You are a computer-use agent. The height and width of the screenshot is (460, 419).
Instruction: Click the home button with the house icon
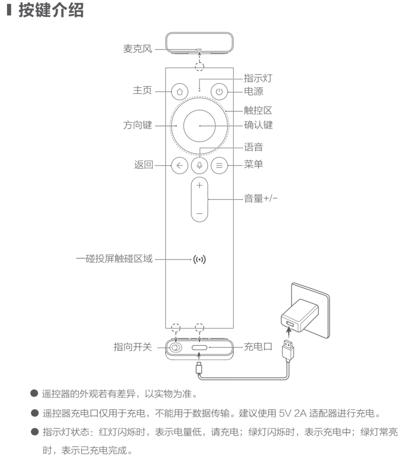(180, 92)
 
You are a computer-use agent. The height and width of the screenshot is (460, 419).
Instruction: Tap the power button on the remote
(219, 92)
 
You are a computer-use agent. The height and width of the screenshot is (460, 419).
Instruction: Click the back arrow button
(180, 165)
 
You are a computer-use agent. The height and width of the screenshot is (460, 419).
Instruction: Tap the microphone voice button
(199, 165)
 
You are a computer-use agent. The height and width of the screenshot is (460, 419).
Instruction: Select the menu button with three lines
(219, 165)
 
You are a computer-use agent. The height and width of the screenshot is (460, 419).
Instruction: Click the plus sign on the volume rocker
(199, 185)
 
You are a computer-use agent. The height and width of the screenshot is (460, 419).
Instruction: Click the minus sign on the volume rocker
(199, 213)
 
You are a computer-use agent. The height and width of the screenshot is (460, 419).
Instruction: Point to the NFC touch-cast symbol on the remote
(199, 260)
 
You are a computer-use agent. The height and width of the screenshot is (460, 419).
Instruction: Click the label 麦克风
(138, 49)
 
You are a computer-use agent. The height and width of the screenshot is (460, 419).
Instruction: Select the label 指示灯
(258, 78)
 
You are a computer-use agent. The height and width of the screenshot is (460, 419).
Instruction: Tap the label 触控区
(258, 110)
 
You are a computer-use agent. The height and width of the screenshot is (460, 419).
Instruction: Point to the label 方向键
(138, 125)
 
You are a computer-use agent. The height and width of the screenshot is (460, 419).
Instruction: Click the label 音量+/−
(261, 198)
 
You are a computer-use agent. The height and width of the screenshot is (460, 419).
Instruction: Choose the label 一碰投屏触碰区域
(114, 259)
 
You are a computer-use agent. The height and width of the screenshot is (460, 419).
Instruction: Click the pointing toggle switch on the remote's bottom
(176, 348)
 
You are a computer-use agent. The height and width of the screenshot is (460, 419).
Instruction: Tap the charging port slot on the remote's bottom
(199, 348)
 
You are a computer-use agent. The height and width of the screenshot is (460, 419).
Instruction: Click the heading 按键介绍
(51, 10)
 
